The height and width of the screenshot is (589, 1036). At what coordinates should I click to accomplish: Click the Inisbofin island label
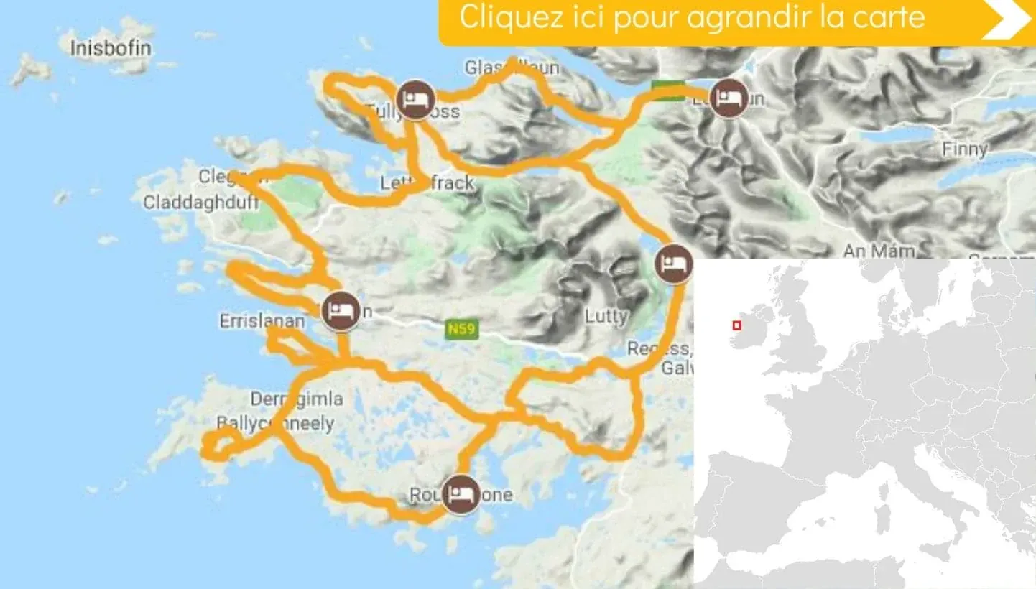point(111,48)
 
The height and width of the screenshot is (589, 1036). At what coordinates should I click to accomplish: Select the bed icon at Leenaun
point(727,98)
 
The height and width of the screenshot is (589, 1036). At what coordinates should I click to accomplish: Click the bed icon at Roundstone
point(461,494)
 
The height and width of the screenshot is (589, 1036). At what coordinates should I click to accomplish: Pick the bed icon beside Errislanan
point(341,311)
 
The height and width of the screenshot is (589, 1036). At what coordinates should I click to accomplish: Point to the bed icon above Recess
point(674,264)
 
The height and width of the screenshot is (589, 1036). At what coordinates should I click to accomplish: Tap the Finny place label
point(964,149)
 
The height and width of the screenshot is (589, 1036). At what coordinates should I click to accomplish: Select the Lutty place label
point(606,316)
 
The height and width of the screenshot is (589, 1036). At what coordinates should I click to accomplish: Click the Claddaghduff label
point(200,203)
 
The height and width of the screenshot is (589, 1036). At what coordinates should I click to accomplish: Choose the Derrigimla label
point(296,399)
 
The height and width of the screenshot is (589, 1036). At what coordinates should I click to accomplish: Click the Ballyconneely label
point(274,423)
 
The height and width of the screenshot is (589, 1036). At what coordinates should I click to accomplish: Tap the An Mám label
point(879,251)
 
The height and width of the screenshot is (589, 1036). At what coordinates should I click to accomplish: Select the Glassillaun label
point(511,68)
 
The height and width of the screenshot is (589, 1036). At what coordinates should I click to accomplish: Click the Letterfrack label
point(427,183)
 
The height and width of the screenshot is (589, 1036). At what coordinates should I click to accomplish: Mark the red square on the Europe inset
point(736,325)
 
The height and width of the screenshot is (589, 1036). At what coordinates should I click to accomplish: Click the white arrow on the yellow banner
point(1007,20)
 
